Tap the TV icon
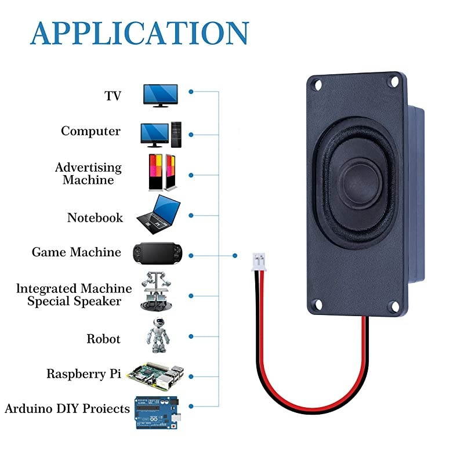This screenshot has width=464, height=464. pos(160,95)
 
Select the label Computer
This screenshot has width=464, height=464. pos(90,131)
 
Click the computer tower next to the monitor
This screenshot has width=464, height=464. pos(176,134)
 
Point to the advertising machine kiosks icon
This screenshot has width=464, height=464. pos(161,172)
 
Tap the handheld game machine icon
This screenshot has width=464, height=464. pos(158,252)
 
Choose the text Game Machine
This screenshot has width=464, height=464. pos(76,252)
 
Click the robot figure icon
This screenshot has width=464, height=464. pos(157,334)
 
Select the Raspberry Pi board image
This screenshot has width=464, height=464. pos(157,375)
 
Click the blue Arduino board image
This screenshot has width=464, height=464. pos(157,412)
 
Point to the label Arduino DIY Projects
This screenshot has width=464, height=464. pos(67,409)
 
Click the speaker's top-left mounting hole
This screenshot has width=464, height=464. pos(317,85)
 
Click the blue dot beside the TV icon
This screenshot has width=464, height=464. pos(191,92)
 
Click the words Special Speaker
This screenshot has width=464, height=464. pos(74,301)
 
